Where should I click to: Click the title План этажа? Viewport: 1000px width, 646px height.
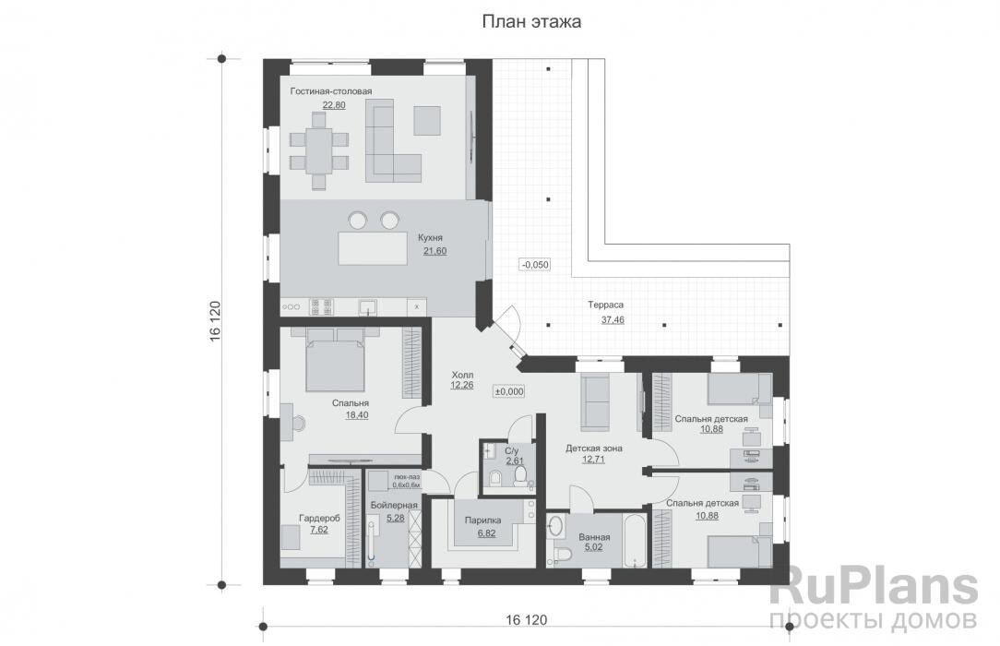pos(531,21)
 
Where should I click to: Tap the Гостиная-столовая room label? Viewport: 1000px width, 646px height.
pos(331,91)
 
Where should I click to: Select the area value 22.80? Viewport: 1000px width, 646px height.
pos(334,104)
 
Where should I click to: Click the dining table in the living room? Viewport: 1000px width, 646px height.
pos(319,150)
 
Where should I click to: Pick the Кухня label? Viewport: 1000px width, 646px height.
pos(431,238)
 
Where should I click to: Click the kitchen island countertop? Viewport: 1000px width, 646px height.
pos(373,248)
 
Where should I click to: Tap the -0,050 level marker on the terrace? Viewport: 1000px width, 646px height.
pos(535,265)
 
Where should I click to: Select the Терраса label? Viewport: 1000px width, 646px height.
pos(606,305)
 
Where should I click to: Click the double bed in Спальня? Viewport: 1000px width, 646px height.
pos(336,359)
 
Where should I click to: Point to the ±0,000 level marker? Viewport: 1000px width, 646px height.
pos(509,391)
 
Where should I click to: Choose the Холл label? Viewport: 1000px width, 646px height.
pos(462,375)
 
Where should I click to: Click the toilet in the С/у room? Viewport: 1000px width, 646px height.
pos(519,475)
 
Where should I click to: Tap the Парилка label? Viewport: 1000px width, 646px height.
pos(482,520)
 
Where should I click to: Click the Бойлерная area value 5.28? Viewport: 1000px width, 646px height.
pos(396,518)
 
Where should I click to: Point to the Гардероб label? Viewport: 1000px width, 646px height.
pos(319,519)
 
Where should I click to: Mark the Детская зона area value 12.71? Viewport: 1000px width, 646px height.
pos(594,460)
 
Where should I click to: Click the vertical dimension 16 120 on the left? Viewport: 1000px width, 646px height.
pos(214,321)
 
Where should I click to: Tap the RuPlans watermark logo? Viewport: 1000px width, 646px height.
pos(874,587)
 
